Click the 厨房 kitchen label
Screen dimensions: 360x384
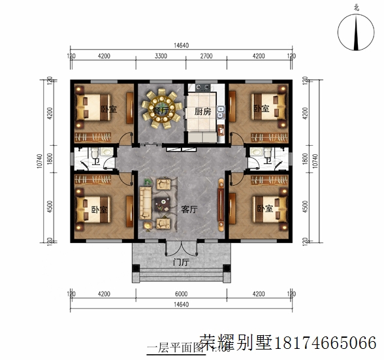click(x=202, y=112)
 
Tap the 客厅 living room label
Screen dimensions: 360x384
click(x=189, y=210)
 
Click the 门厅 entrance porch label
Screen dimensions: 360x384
click(x=180, y=263)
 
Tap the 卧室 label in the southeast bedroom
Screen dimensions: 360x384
click(x=264, y=209)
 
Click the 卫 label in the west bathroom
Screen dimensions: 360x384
click(x=95, y=161)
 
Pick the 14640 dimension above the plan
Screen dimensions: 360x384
click(x=181, y=45)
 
